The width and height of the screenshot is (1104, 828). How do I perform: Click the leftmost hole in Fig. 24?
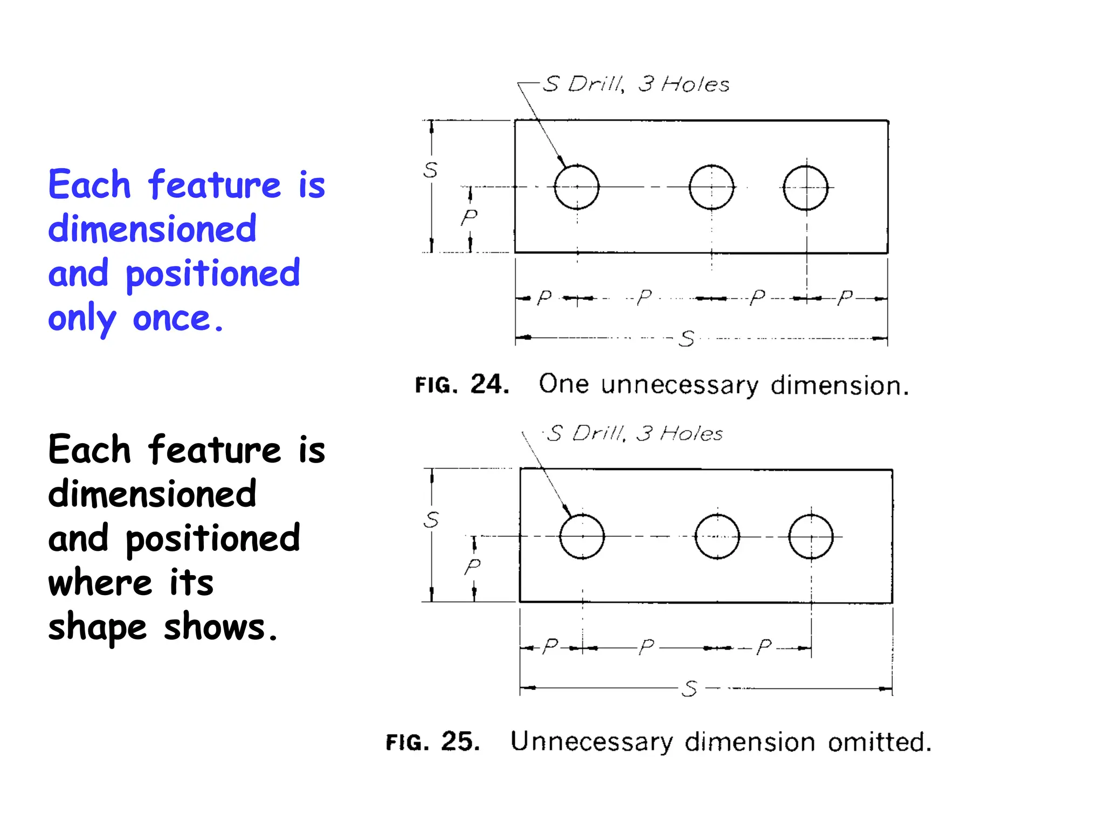577,187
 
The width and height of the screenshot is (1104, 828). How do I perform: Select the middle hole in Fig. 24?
712,187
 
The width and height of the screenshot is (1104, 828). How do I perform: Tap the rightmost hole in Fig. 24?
806,188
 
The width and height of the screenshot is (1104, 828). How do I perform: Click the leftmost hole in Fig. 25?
582,537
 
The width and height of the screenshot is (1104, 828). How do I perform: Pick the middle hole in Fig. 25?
717,537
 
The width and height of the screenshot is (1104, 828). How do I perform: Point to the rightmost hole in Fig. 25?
811,537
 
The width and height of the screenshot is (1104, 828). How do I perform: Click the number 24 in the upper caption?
489,384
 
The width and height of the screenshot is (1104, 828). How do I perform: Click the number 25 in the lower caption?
460,742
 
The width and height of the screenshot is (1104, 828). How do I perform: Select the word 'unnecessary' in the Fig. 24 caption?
680,385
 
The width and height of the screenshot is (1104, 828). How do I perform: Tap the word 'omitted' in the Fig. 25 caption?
879,742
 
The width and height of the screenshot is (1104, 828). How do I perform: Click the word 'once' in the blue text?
177,318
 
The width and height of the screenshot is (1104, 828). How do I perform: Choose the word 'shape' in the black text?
98,628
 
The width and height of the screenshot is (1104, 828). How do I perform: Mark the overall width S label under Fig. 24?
687,339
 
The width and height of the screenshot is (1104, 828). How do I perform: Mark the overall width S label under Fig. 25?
690,689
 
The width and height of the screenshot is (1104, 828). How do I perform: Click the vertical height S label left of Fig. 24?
430,170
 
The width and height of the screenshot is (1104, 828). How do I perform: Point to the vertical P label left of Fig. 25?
472,567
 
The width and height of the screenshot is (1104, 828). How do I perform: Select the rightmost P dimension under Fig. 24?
845,298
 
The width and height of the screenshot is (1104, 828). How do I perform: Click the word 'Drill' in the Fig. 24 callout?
596,85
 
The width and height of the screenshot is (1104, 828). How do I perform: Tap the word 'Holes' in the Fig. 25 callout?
692,434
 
